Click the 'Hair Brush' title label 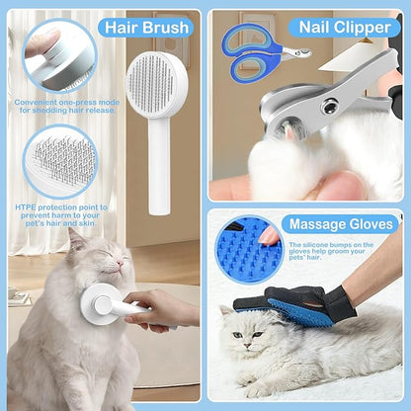[x=147, y=28]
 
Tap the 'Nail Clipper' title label [x=345, y=27]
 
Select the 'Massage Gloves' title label [x=341, y=224]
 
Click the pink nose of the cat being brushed [x=120, y=263]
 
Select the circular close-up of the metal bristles [x=60, y=162]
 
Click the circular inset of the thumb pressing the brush [x=59, y=56]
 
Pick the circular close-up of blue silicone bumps [x=249, y=250]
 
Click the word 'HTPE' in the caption [x=26, y=207]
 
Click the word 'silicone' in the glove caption [x=315, y=245]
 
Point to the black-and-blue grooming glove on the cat [x=295, y=304]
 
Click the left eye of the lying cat [x=237, y=335]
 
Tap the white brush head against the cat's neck [x=99, y=304]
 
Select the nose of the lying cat [x=246, y=346]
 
